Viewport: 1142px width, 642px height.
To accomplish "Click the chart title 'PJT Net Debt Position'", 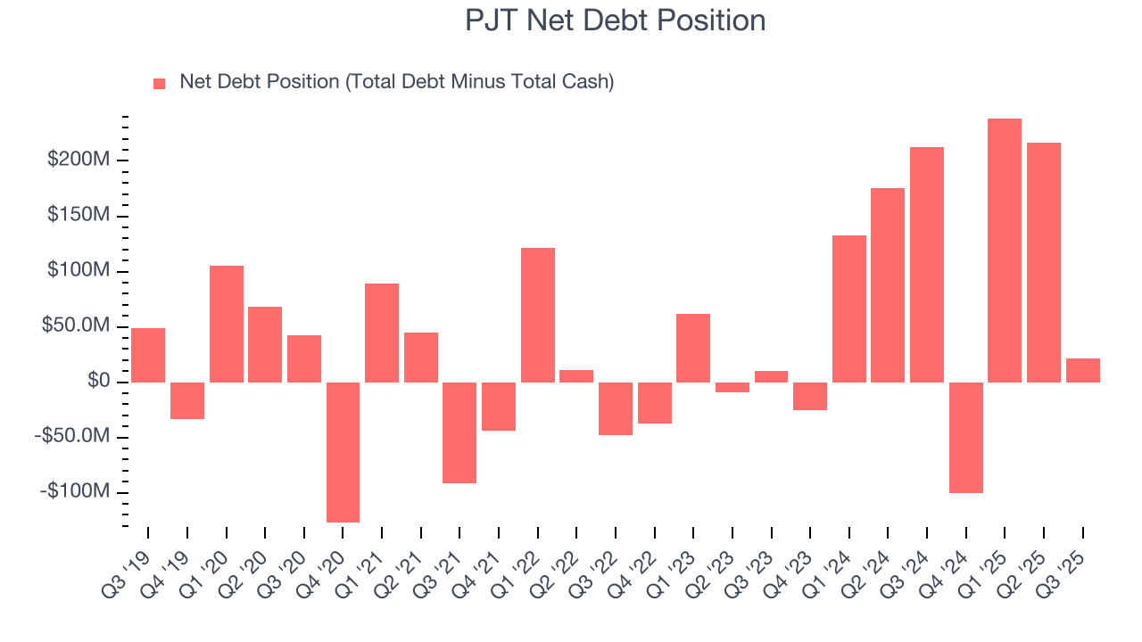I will click(615, 21).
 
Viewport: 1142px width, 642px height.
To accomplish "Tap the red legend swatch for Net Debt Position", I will click(160, 83).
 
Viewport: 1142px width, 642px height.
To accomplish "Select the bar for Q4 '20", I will click(343, 452).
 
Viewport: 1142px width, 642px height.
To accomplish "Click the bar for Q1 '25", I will click(1005, 251).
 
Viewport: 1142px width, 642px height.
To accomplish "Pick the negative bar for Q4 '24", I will click(965, 437).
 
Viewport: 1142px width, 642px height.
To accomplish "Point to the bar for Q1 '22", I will click(538, 315).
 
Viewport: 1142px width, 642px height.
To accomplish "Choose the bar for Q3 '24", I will click(927, 265).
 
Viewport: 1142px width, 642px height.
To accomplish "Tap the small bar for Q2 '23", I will click(732, 387).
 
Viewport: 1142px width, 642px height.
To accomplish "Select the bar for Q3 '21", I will click(459, 432).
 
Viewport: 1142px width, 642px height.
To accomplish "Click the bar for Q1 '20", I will click(227, 324).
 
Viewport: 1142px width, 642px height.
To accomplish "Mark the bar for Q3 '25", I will click(1082, 370).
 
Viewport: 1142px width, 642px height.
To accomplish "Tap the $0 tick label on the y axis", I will click(98, 382).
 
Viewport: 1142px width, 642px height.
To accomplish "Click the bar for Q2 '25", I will click(1044, 262).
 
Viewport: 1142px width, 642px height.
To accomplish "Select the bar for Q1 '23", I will click(693, 348).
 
